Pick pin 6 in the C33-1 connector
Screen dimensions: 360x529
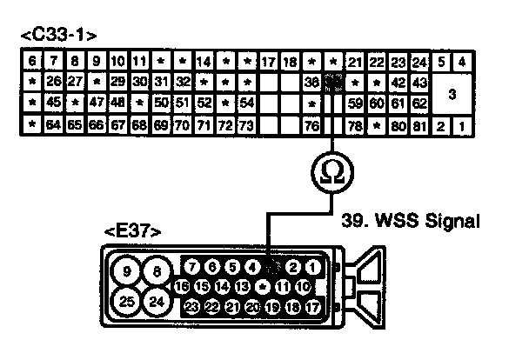coord(31,63)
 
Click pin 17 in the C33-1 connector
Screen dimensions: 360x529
coord(268,63)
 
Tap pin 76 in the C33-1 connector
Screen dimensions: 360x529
coord(311,124)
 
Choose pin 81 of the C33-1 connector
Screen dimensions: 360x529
coord(419,124)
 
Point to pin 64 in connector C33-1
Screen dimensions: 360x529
coord(53,124)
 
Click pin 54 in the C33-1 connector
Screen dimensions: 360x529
coord(246,103)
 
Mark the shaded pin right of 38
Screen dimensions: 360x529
coord(332,83)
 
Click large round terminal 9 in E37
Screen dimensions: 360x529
coord(127,272)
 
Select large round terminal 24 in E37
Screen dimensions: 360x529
coord(157,302)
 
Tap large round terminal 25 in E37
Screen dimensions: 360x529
coord(127,302)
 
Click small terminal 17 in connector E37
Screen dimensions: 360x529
coord(312,306)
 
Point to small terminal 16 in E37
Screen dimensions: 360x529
coord(181,286)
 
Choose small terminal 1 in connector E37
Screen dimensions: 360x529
coord(312,267)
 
